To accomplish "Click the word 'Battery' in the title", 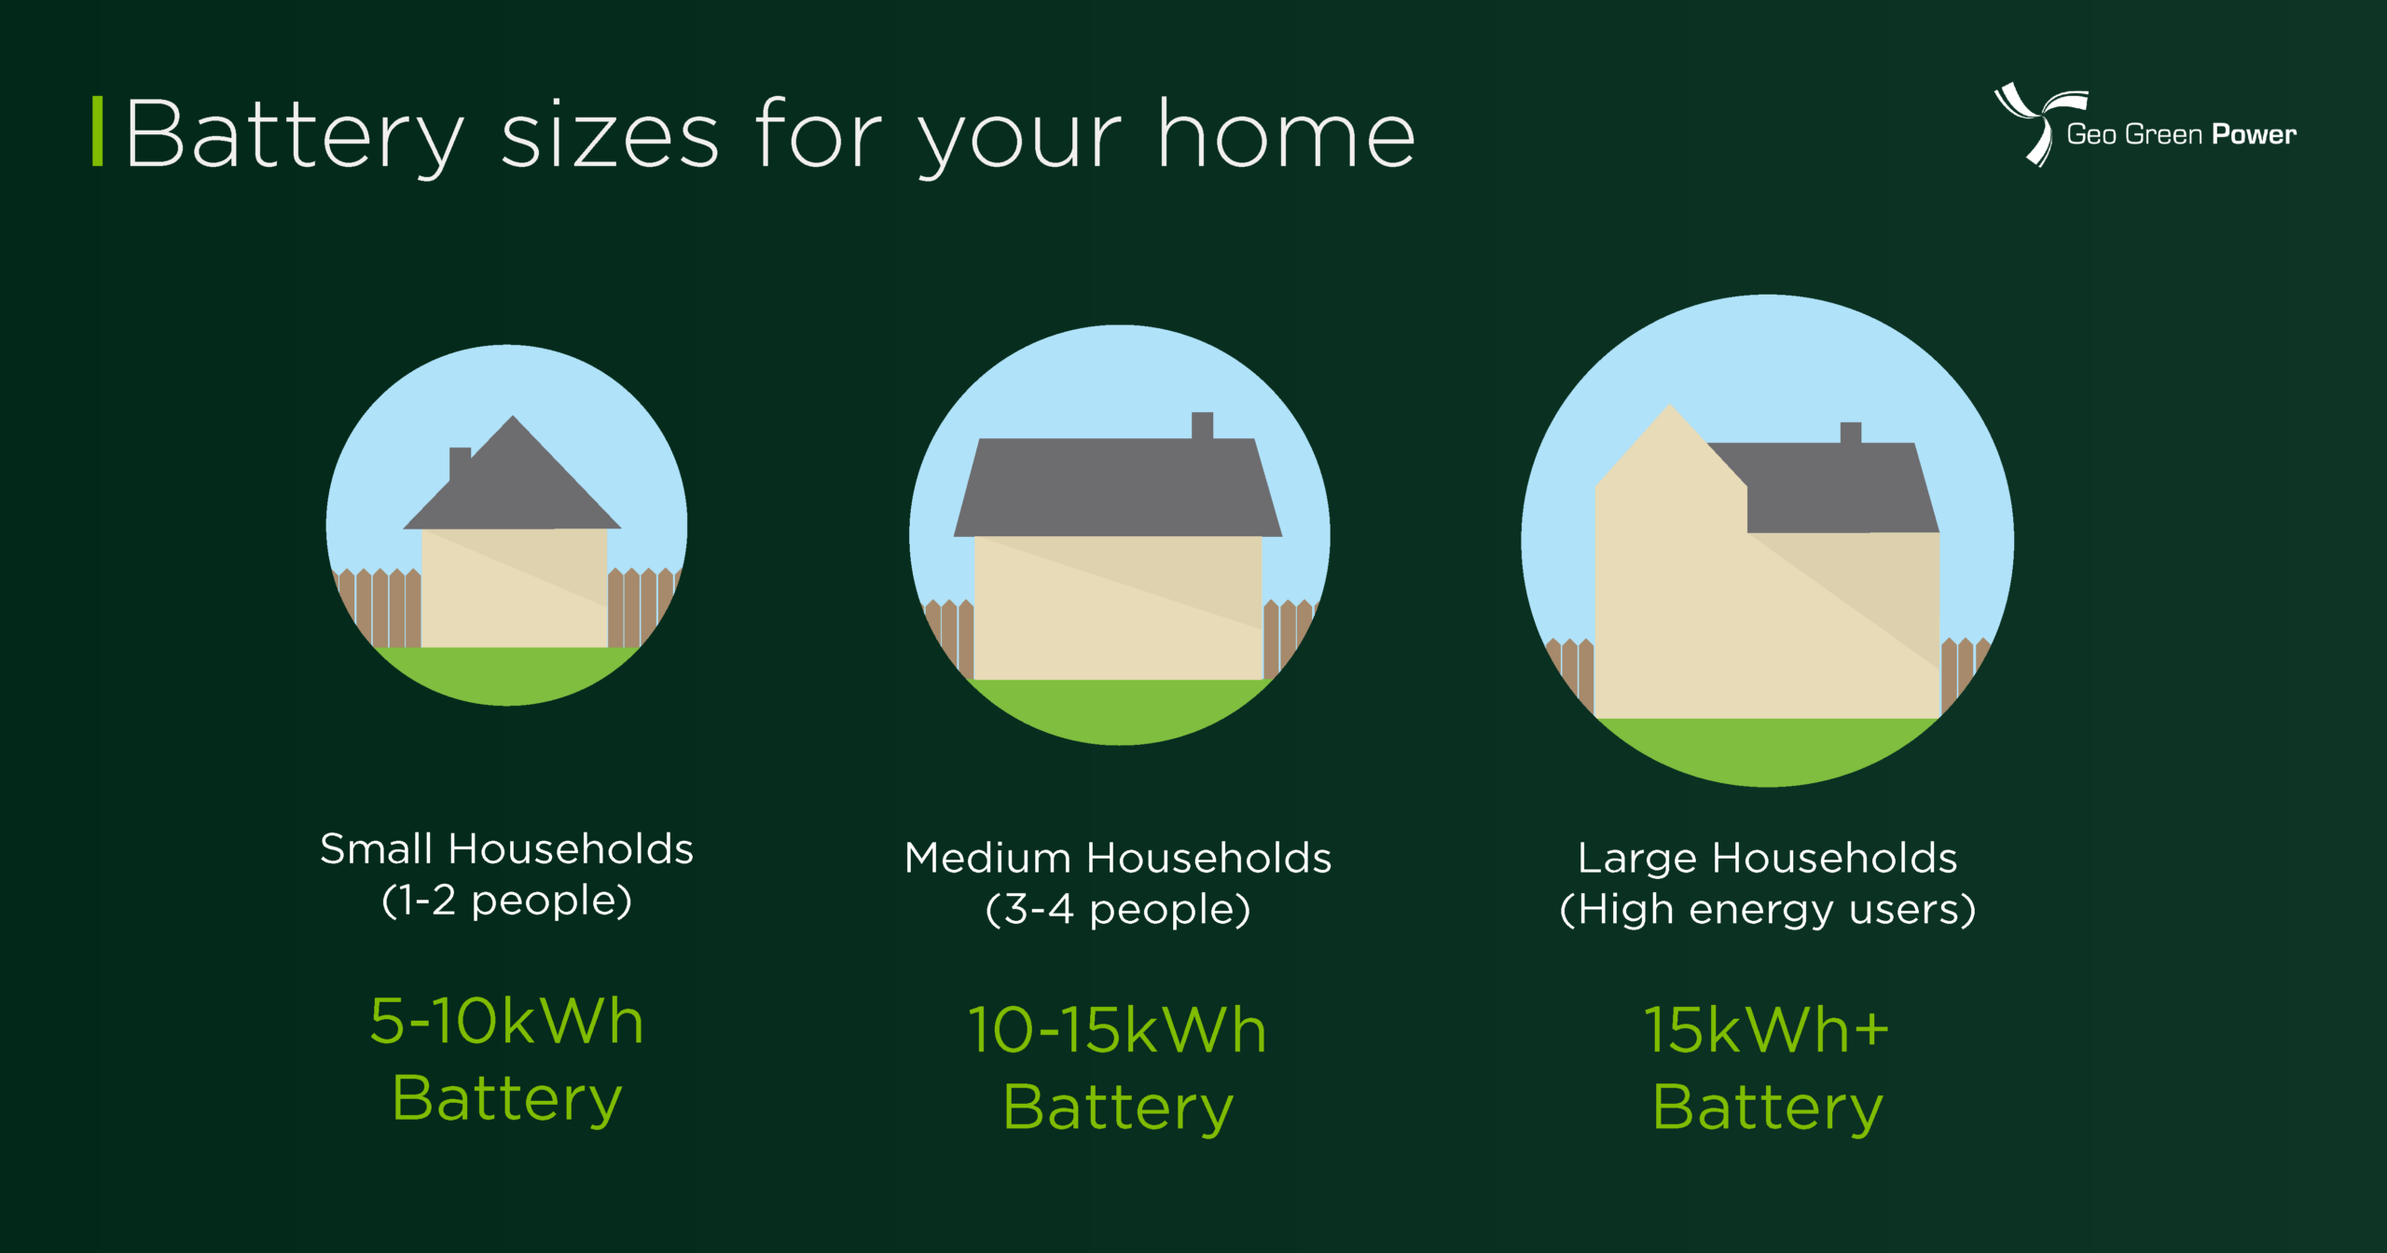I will [x=295, y=137].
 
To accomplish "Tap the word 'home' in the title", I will [x=1286, y=137].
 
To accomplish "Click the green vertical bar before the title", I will [x=97, y=132].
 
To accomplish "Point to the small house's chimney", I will [x=459, y=461].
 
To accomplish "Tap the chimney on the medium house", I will [x=1202, y=425].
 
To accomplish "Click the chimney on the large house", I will [x=1850, y=433].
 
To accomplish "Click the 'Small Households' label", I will [x=506, y=849].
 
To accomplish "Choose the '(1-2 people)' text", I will [x=506, y=902].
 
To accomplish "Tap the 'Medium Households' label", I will [x=1117, y=858].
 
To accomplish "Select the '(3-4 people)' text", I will [x=1117, y=910].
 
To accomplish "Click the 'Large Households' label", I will [x=1766, y=858].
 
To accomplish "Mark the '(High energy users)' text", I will [x=1766, y=910].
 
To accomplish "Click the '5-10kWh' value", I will [x=506, y=1022].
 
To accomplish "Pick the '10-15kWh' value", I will [x=1117, y=1031].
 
